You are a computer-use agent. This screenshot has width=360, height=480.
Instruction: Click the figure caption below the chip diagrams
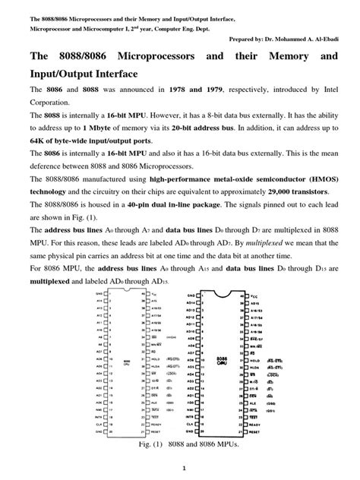180,443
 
